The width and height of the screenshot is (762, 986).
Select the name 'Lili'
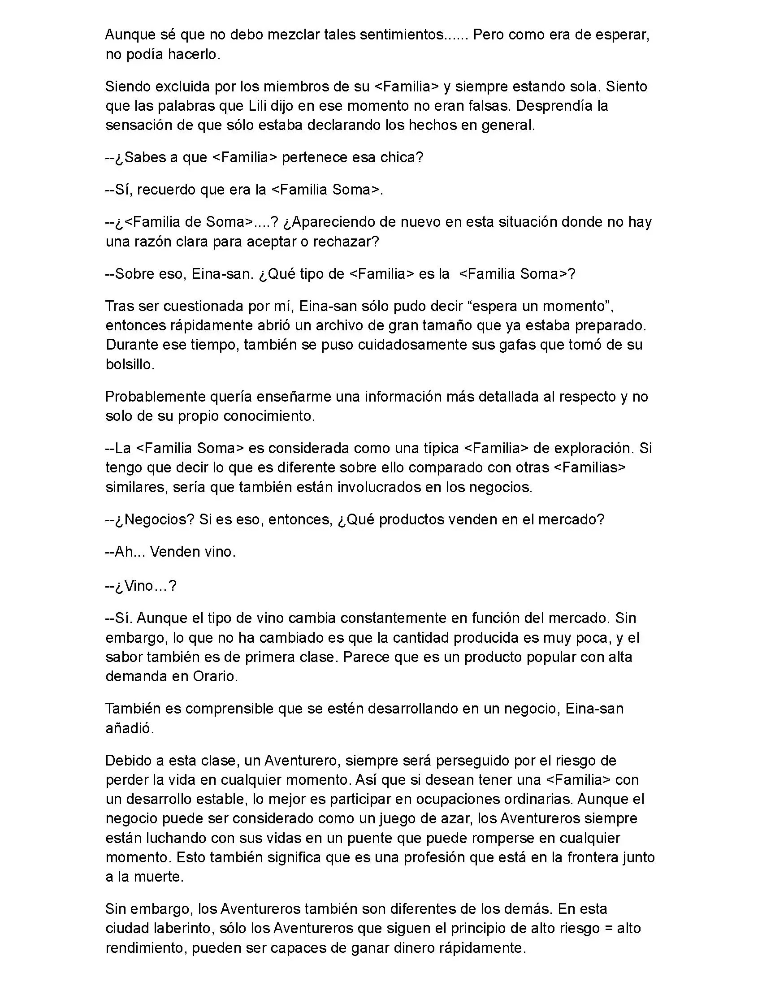[x=258, y=106]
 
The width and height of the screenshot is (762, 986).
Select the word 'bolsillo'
[x=130, y=364]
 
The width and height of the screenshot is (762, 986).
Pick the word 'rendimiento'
[x=144, y=947]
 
